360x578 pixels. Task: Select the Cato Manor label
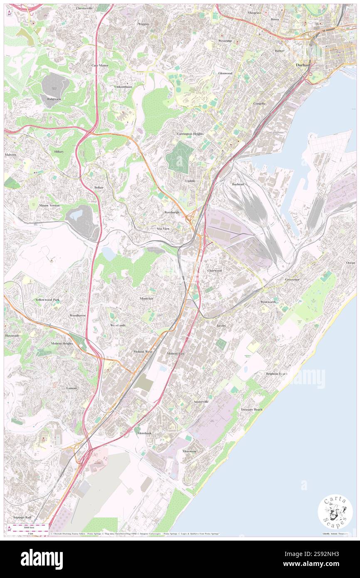coord(100,65)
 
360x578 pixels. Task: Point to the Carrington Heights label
coord(190,134)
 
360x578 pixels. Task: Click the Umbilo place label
coord(190,181)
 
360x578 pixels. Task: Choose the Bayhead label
coord(238,184)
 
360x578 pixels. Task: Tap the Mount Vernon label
coord(49,205)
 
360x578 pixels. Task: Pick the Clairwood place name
coord(215,270)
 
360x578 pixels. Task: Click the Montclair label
coord(147,299)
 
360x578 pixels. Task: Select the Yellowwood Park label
coord(47,299)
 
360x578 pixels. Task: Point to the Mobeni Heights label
coord(62,343)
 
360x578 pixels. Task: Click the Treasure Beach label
coord(252,410)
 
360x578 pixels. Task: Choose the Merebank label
coord(145,433)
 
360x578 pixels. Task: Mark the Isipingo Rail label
coord(22,517)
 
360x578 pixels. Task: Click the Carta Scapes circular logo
coord(335,512)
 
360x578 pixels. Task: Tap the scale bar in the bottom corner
coord(28,528)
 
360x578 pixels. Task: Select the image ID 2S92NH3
coord(323,565)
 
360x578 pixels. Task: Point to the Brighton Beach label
coord(276,373)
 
